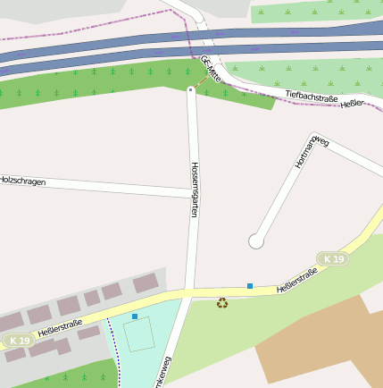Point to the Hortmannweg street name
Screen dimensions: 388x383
[312, 153]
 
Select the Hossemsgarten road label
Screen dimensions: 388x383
[195, 190]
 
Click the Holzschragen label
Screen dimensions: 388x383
[22, 180]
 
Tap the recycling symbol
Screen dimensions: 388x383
[222, 303]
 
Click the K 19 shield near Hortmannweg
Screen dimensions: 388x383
[334, 259]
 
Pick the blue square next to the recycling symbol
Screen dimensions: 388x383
[250, 286]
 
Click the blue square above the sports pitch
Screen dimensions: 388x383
[135, 316]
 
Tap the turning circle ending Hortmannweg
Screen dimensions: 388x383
[256, 240]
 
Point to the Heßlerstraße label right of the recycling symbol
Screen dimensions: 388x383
[296, 281]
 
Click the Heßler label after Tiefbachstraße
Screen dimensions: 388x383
[353, 105]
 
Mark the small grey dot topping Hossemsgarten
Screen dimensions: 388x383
[191, 89]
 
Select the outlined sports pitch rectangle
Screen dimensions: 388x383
[138, 334]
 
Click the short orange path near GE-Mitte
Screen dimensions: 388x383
[203, 81]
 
